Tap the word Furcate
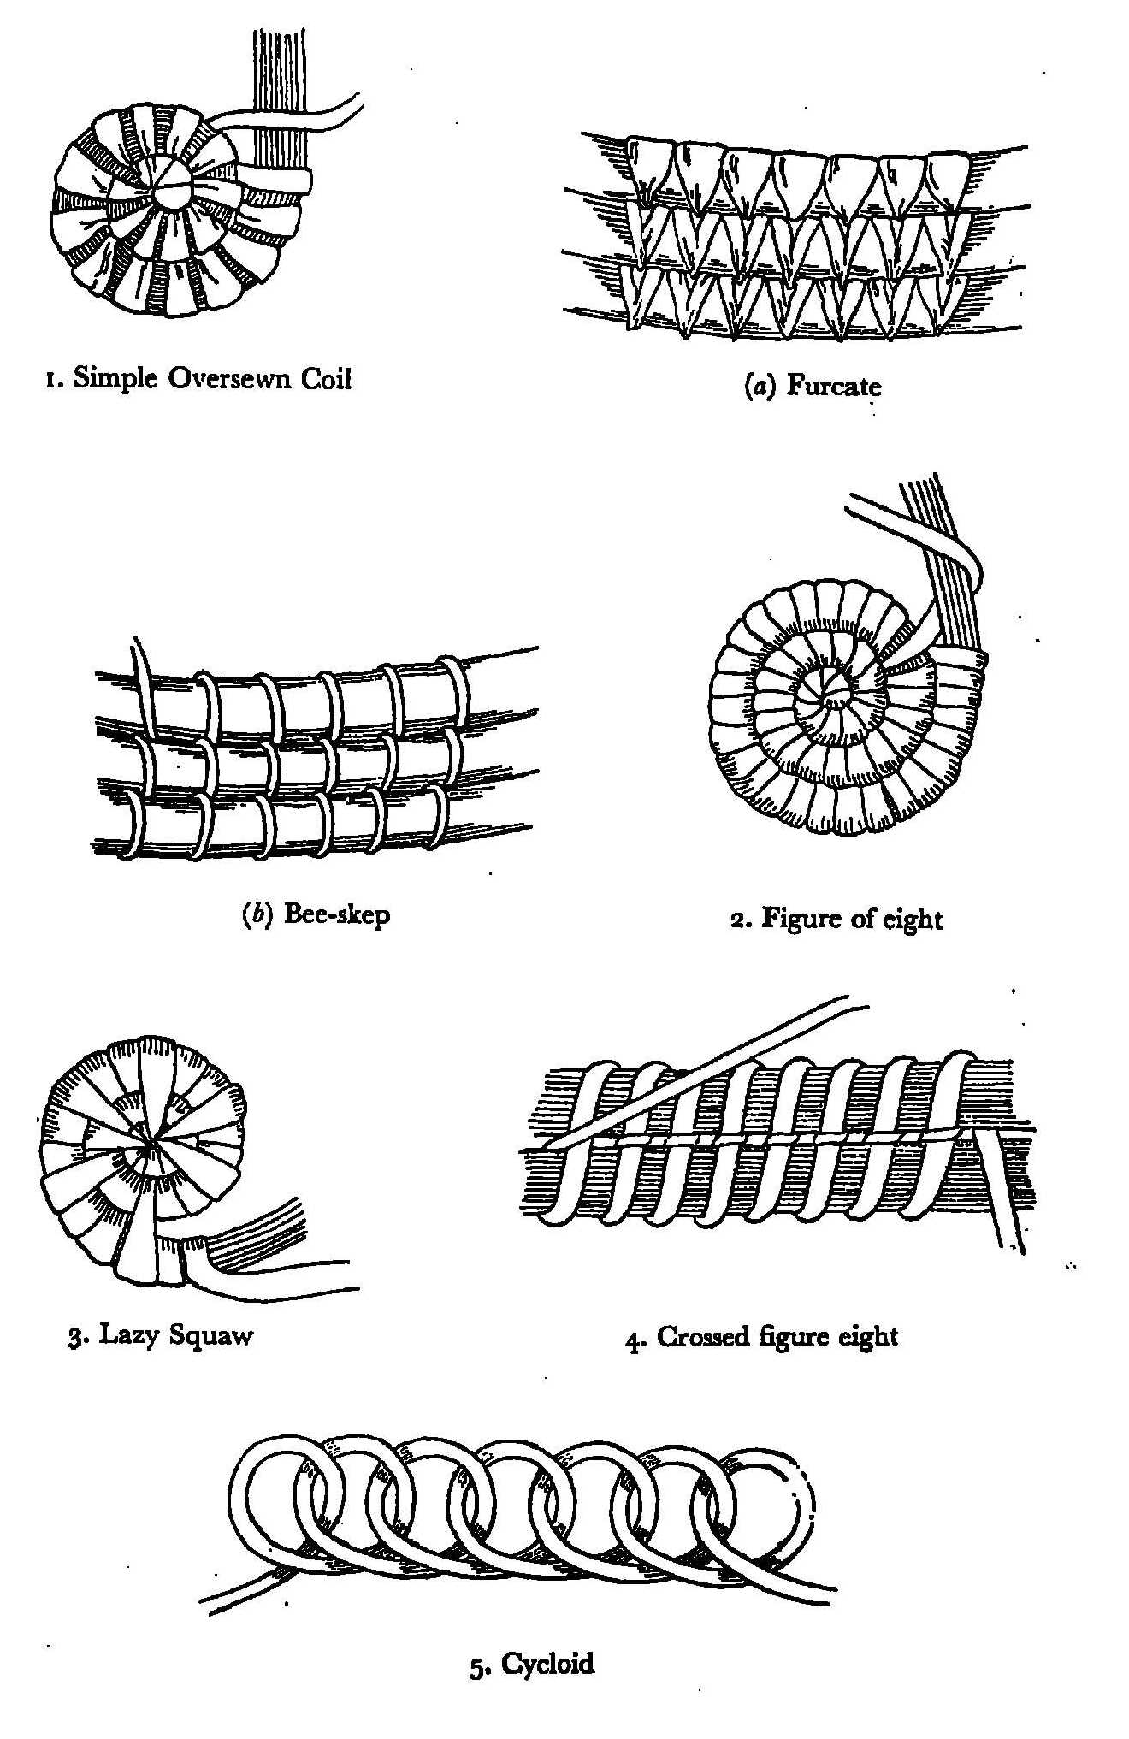(x=833, y=387)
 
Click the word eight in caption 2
(x=912, y=919)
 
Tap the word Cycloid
(x=547, y=1664)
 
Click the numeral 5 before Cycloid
(x=477, y=1666)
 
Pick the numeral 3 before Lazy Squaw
(x=74, y=1336)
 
